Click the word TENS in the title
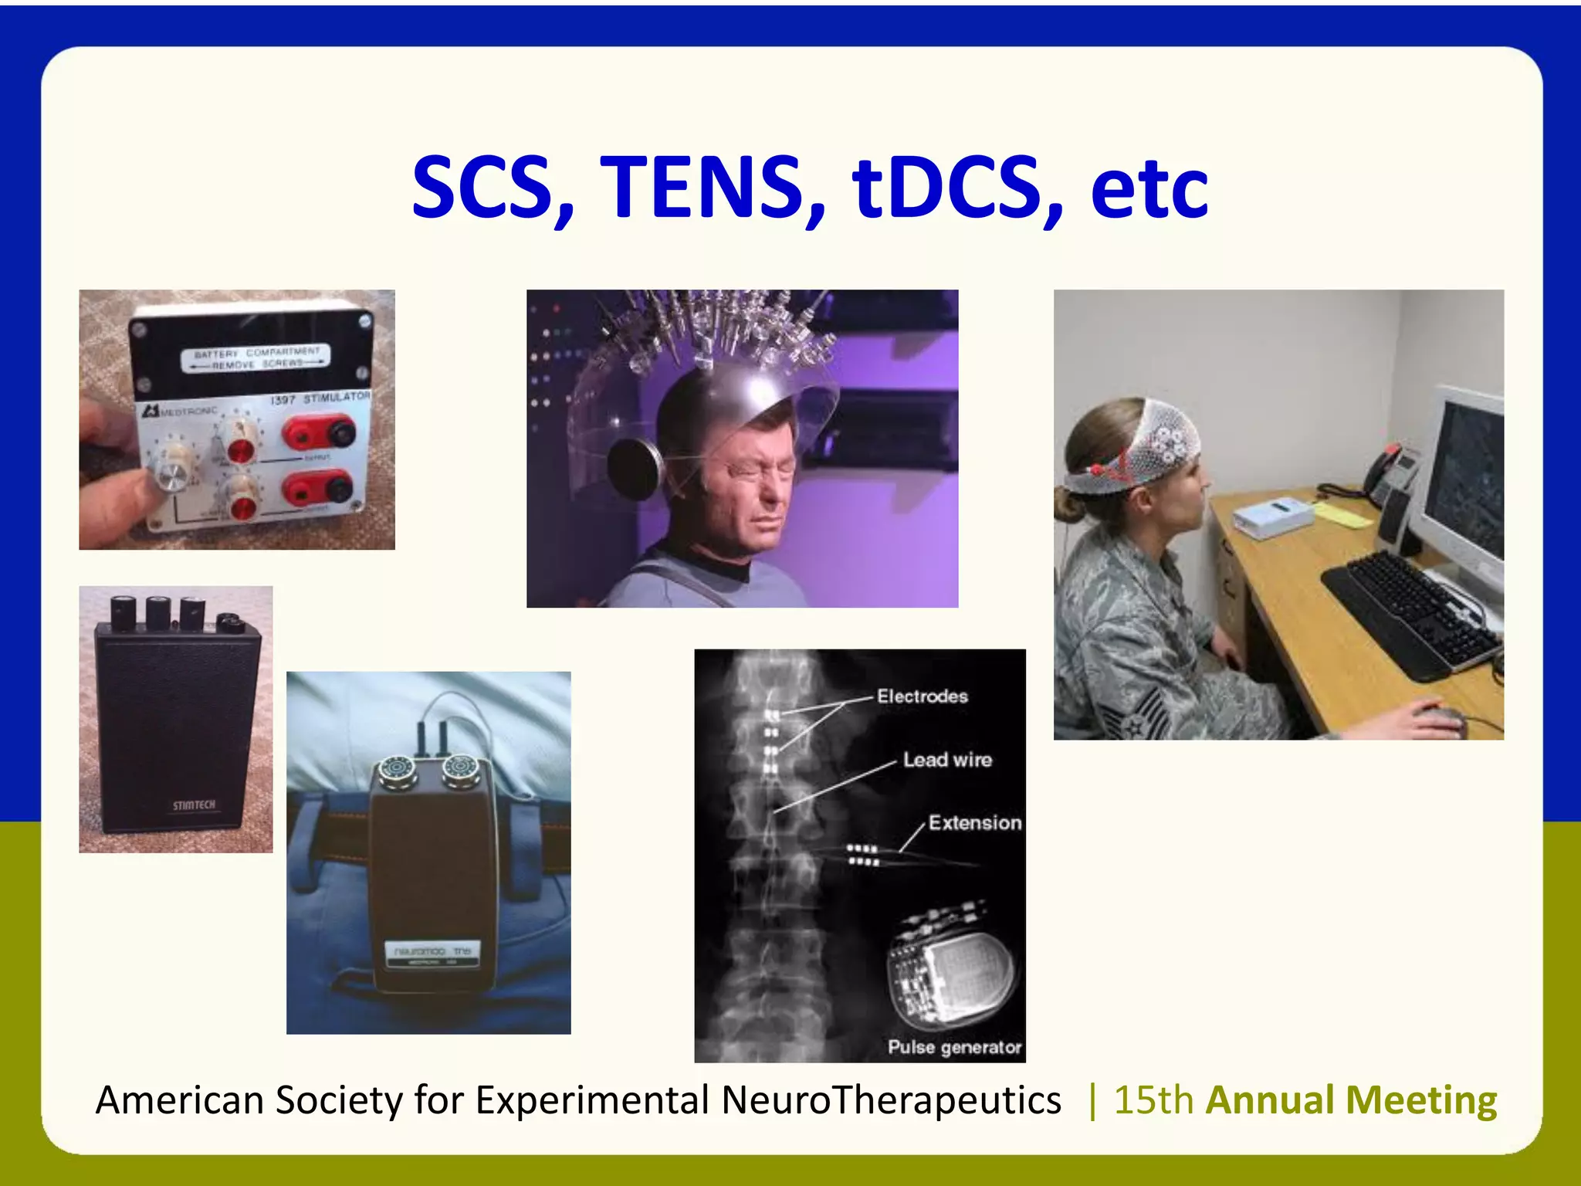[x=712, y=188]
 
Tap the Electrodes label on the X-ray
[x=922, y=696]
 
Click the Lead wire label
[x=947, y=760]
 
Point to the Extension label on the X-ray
[x=974, y=823]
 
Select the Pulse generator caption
[x=954, y=1047]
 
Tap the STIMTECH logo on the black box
[x=194, y=805]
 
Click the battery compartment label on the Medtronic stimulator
[x=256, y=357]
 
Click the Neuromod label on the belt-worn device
[x=432, y=951]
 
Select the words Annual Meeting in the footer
[x=1351, y=1100]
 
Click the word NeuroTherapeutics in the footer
[x=891, y=1100]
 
